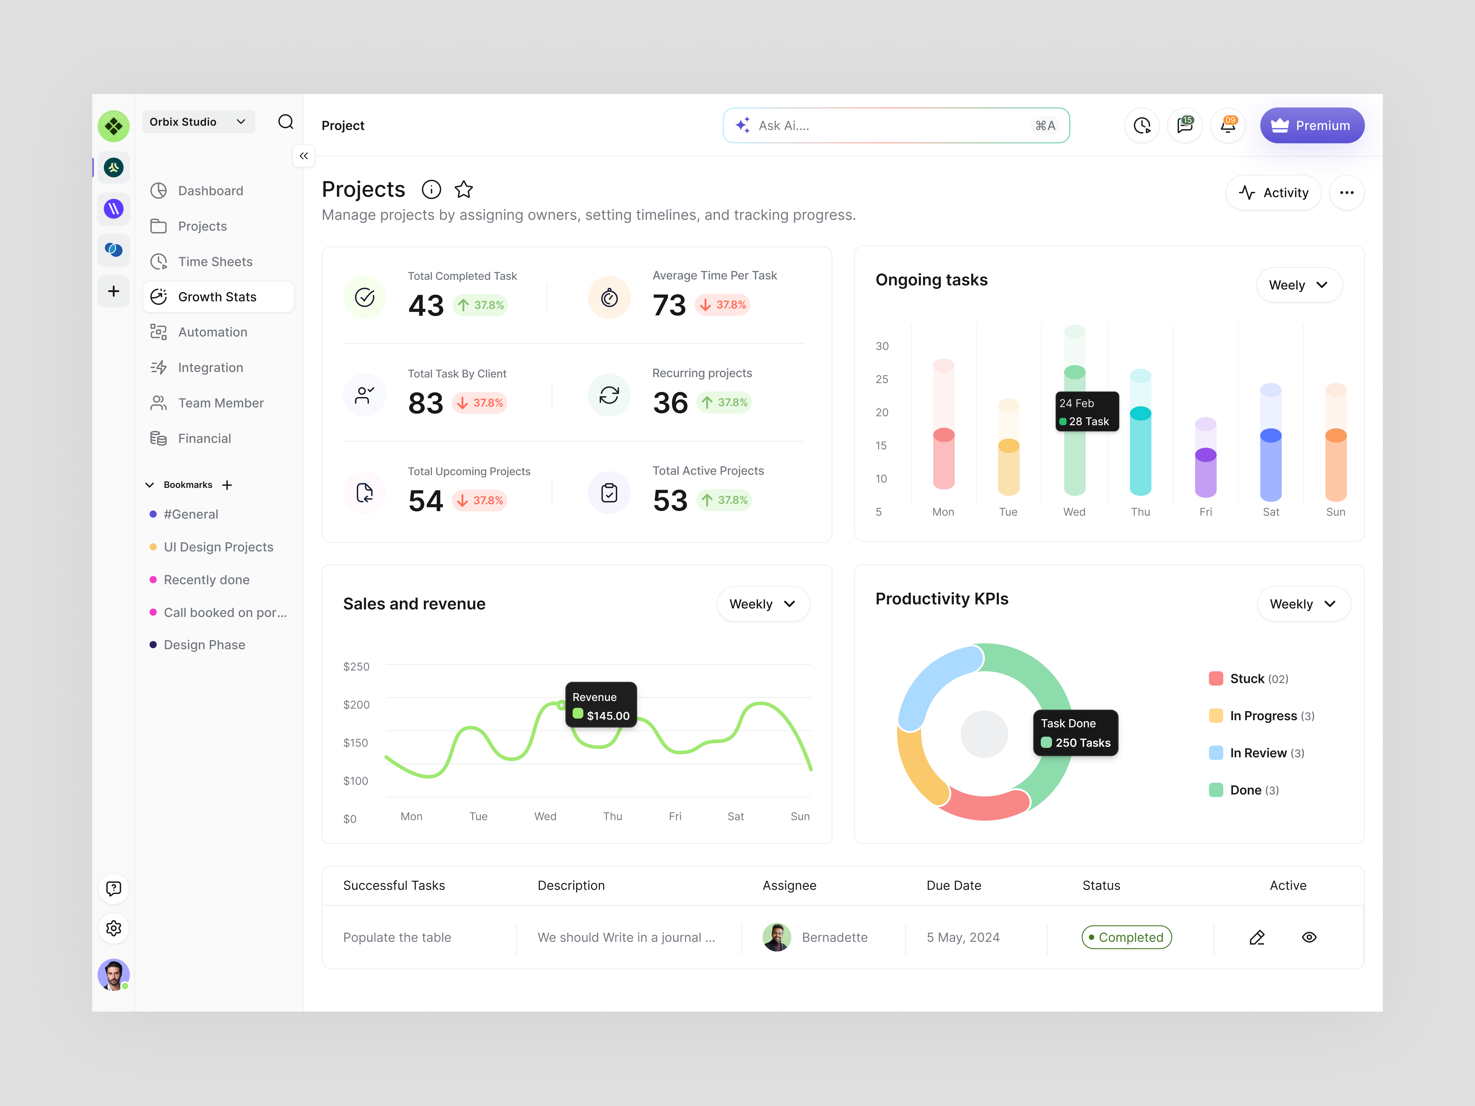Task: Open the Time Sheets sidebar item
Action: (x=215, y=261)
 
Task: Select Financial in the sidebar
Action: (x=204, y=438)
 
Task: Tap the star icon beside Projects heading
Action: (x=463, y=190)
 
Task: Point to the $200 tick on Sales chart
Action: (x=356, y=705)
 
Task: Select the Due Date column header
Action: (x=953, y=885)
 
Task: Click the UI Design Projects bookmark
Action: (x=218, y=547)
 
